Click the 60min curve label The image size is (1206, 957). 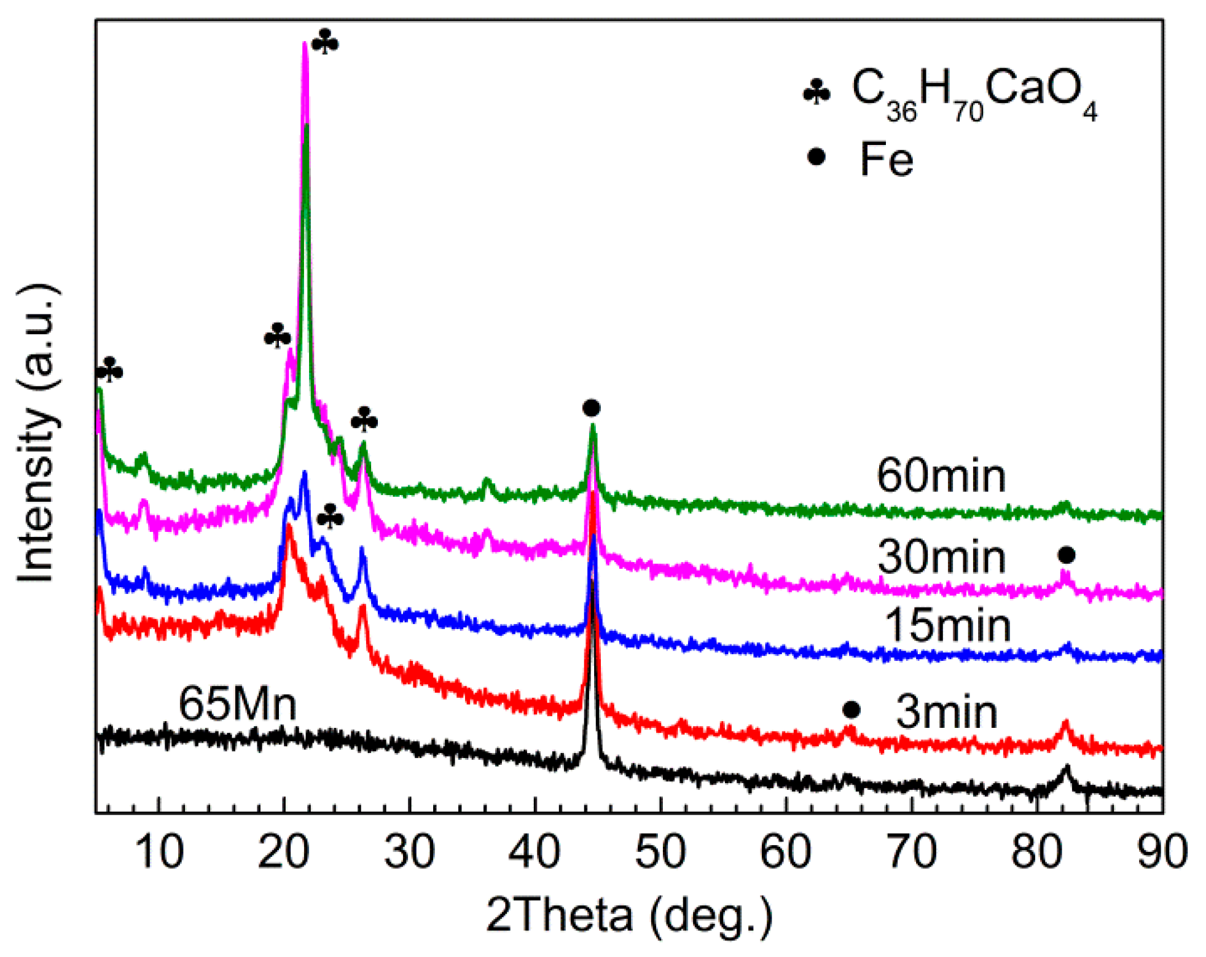941,476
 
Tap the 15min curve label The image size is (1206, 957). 947,626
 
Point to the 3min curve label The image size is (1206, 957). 946,712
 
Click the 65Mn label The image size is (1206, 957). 237,703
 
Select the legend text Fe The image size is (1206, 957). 886,160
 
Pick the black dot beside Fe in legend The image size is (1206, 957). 816,157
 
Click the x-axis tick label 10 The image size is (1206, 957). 159,852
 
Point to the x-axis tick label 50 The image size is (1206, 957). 660,852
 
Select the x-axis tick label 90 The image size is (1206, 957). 1161,852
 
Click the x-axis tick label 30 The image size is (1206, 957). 409,852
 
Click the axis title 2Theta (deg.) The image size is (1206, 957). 630,915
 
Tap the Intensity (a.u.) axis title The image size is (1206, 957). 37,433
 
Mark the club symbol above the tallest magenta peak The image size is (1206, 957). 325,42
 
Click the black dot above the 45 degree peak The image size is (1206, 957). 591,408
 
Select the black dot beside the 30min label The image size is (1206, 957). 1066,555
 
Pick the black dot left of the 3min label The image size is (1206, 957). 851,710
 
